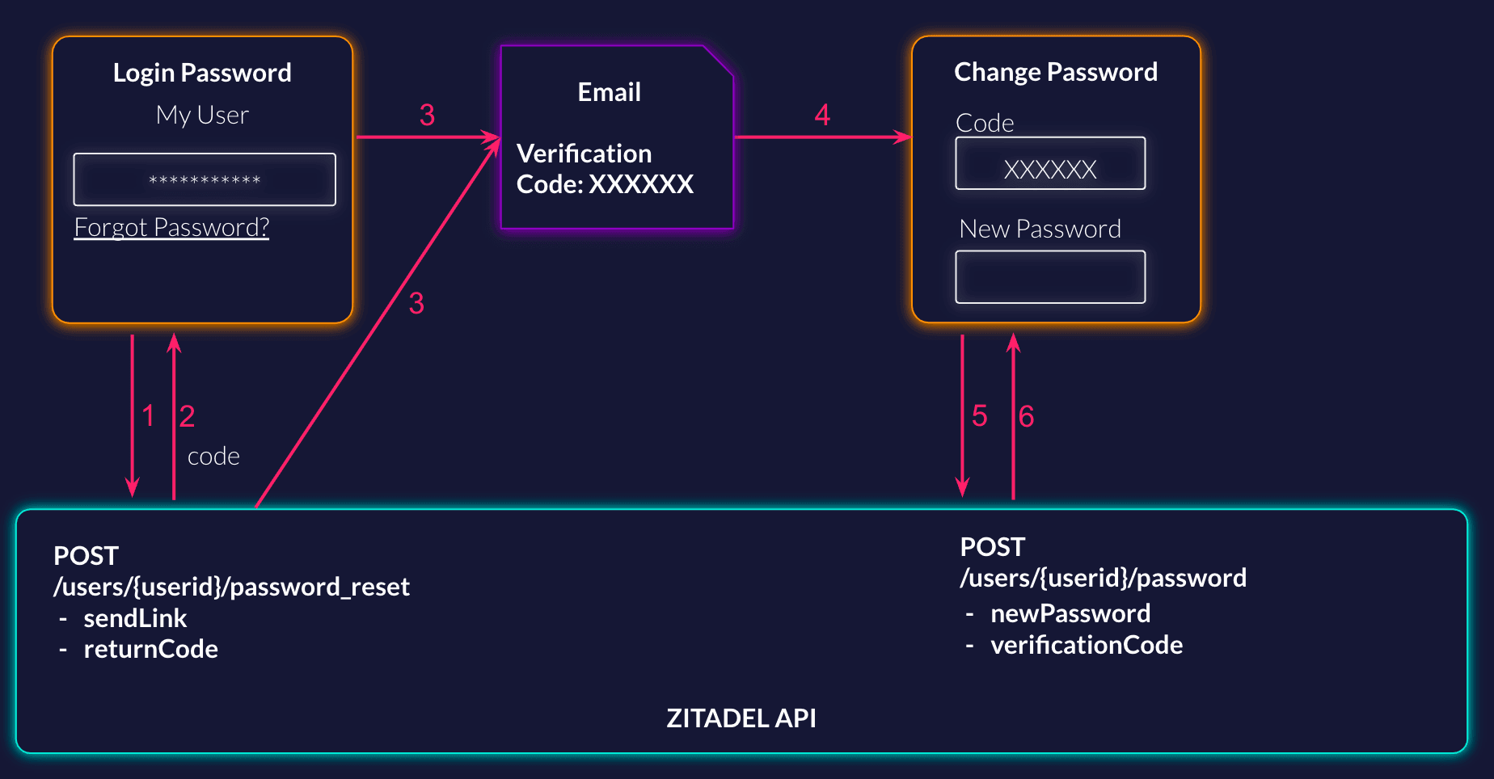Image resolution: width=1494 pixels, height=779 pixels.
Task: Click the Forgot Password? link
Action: pos(171,228)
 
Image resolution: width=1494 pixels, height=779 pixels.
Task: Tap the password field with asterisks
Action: pos(205,179)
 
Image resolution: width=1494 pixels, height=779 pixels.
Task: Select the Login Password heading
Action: pos(202,73)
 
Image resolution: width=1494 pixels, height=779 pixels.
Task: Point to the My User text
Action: pos(202,116)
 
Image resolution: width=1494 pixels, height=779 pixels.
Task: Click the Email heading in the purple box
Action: pos(609,92)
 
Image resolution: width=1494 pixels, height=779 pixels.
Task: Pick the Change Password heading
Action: pos(1056,72)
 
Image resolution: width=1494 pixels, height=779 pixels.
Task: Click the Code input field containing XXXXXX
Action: pos(1050,164)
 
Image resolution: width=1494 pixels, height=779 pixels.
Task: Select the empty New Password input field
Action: pos(1050,277)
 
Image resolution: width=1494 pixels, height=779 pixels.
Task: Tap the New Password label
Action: pos(1040,229)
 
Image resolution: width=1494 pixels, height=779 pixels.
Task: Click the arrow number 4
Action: pos(822,116)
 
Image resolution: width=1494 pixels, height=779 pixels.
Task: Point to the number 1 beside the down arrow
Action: pos(148,416)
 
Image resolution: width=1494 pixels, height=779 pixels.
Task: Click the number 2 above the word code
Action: pos(187,416)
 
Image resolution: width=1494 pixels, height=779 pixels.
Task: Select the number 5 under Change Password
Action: pos(980,416)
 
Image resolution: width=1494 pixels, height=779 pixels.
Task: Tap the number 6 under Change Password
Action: pos(1026,416)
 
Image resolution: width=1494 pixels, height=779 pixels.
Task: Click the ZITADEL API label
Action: pos(741,718)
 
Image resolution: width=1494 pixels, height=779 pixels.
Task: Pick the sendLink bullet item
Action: pos(135,618)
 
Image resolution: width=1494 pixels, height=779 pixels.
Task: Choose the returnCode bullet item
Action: pos(150,649)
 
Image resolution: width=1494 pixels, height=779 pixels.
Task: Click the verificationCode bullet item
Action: pos(1087,645)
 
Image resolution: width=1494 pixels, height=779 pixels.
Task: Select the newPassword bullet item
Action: pos(1070,613)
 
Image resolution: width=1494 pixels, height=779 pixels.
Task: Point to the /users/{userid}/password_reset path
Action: pos(231,587)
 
